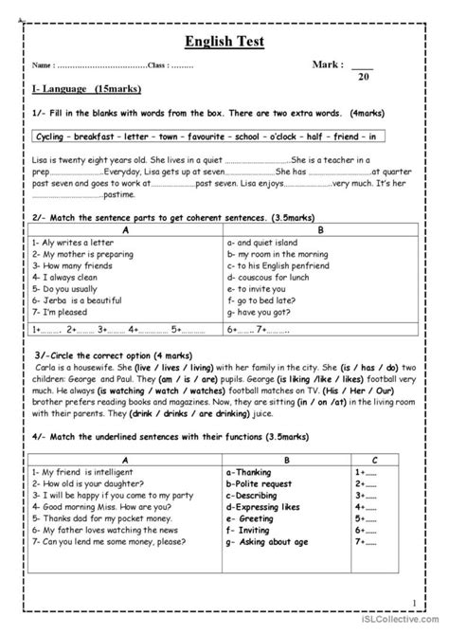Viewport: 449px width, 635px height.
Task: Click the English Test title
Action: (x=224, y=42)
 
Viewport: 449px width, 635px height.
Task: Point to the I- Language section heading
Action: (x=73, y=88)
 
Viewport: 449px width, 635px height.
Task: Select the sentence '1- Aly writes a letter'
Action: (x=67, y=242)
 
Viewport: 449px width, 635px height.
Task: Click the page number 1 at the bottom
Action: (x=415, y=602)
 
